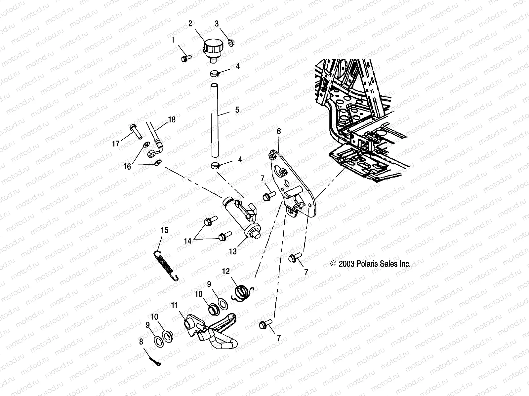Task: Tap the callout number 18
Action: (x=172, y=119)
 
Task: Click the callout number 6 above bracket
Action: (x=279, y=131)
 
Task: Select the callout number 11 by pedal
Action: (x=175, y=305)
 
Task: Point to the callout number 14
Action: (x=188, y=241)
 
